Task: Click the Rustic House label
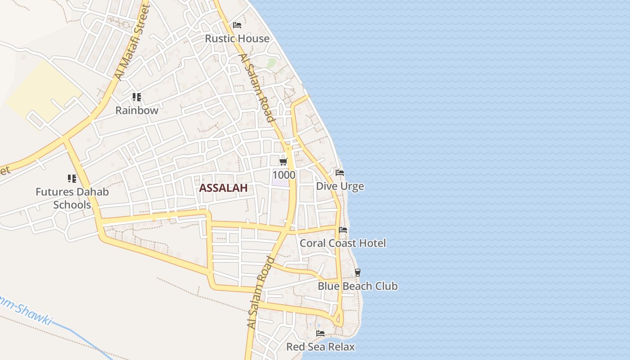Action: [x=237, y=39]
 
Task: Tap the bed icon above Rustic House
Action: [x=237, y=25]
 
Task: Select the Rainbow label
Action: [x=137, y=110]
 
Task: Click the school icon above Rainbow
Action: [x=137, y=97]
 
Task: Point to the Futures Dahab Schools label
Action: [x=72, y=198]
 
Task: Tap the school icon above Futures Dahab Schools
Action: [x=72, y=179]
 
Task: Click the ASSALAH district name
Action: [x=223, y=188]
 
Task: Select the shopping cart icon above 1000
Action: [x=283, y=162]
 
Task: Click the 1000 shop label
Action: [x=283, y=175]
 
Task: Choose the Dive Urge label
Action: [x=340, y=186]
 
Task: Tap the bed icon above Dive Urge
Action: [x=340, y=173]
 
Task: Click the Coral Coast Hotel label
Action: [x=343, y=243]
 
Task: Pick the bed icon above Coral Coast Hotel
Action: [x=343, y=230]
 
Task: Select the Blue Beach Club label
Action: [x=358, y=286]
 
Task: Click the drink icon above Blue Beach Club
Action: [x=358, y=272]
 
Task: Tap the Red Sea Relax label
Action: [x=320, y=347]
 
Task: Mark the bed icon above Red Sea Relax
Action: [x=320, y=333]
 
